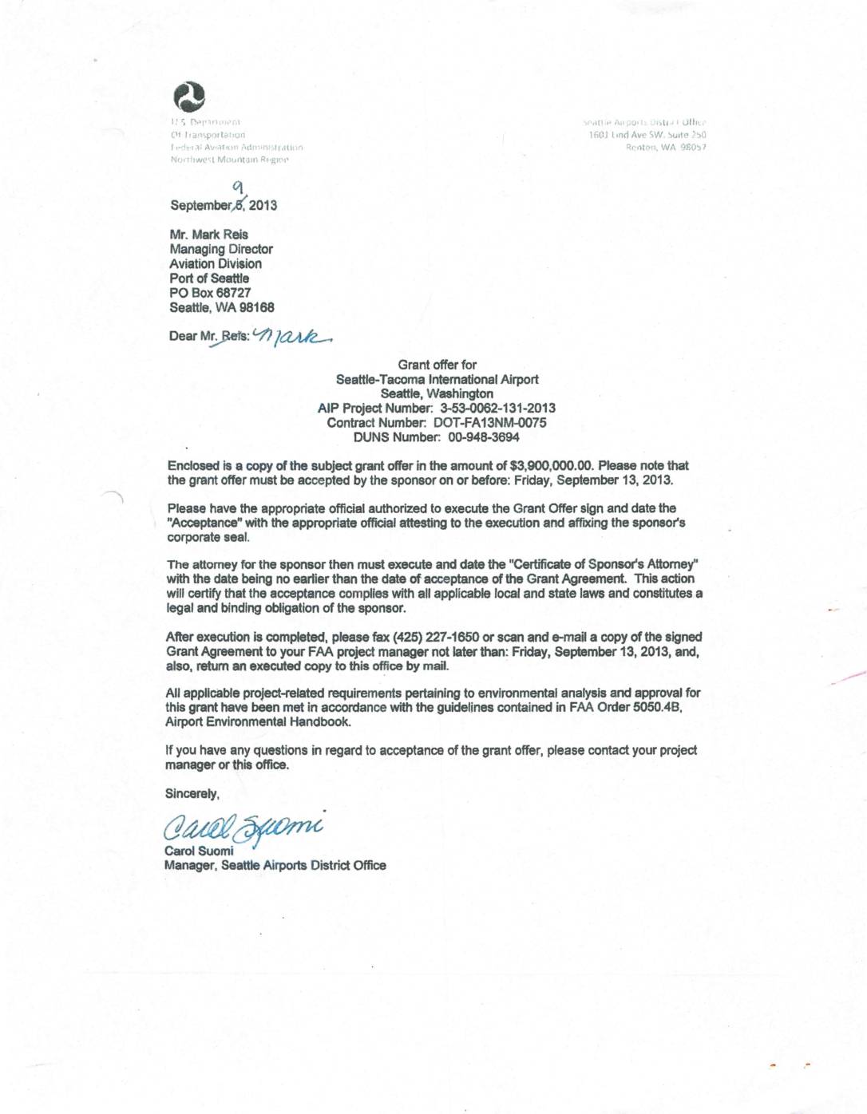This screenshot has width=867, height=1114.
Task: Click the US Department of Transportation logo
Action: click(x=189, y=97)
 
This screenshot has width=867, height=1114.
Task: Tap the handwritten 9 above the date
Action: click(x=238, y=187)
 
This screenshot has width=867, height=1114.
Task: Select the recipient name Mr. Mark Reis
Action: click(x=208, y=235)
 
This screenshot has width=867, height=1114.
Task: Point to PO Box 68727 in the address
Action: click(x=210, y=293)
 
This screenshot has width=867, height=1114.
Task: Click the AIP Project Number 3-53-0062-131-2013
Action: click(x=497, y=409)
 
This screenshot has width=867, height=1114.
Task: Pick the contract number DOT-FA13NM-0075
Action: click(x=489, y=423)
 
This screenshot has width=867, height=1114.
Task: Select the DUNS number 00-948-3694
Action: click(x=483, y=437)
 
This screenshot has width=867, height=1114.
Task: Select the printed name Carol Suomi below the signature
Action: click(x=199, y=851)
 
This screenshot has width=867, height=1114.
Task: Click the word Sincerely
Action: click(x=192, y=794)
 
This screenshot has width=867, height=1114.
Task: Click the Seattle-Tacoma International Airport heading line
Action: click(x=437, y=380)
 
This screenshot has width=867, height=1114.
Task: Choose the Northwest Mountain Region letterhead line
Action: click(x=229, y=160)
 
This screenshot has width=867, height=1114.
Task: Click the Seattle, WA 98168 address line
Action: click(x=221, y=307)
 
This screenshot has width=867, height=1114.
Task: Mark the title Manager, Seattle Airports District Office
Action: click(x=275, y=865)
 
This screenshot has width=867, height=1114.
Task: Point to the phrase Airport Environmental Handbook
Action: click(x=258, y=722)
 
